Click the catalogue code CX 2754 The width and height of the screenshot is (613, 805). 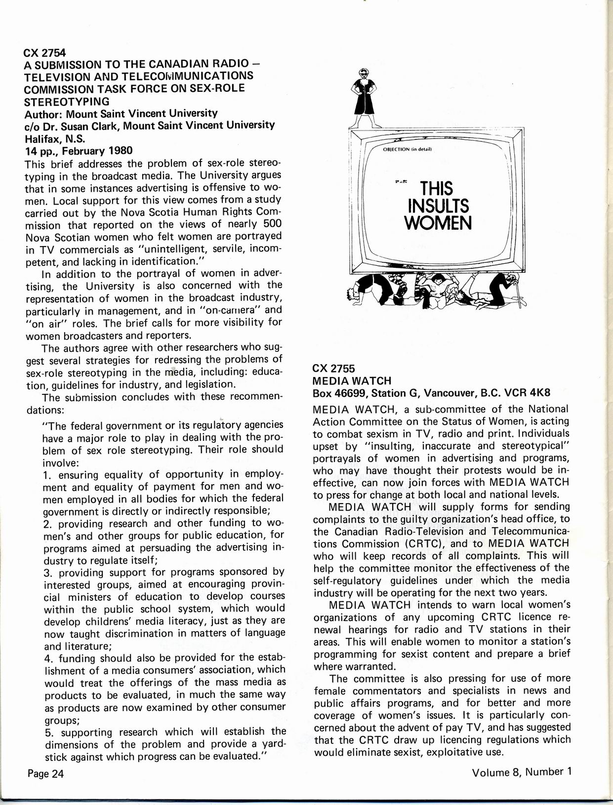(x=45, y=52)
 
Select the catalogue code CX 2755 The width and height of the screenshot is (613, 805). (x=334, y=369)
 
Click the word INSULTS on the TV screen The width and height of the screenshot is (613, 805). (x=437, y=206)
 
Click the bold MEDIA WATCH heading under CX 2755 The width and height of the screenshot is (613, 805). (x=352, y=381)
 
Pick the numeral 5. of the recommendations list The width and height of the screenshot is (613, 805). (x=48, y=732)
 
